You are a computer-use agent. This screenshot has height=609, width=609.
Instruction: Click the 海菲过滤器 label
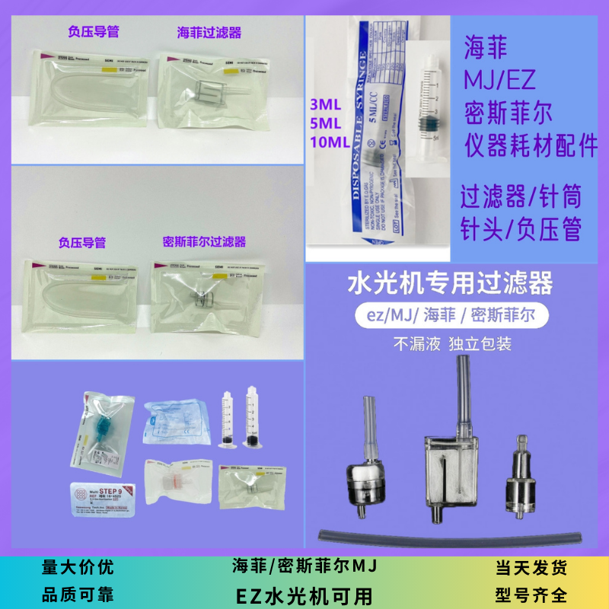(209, 33)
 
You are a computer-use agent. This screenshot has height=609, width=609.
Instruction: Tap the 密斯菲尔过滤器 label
(205, 242)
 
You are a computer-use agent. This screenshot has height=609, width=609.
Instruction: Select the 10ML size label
(329, 142)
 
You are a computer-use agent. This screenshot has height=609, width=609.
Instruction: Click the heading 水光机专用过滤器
(449, 285)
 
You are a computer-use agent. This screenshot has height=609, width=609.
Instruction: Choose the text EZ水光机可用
(304, 593)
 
